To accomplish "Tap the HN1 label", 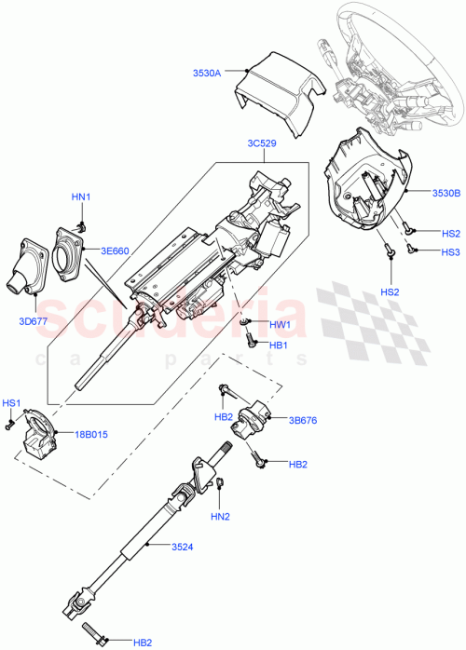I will pos(82,196).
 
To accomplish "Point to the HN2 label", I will pos(219,517).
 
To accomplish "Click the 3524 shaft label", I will pos(183,547).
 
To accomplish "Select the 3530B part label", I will pos(445,193).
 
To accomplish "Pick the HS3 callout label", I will pos(450,251).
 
